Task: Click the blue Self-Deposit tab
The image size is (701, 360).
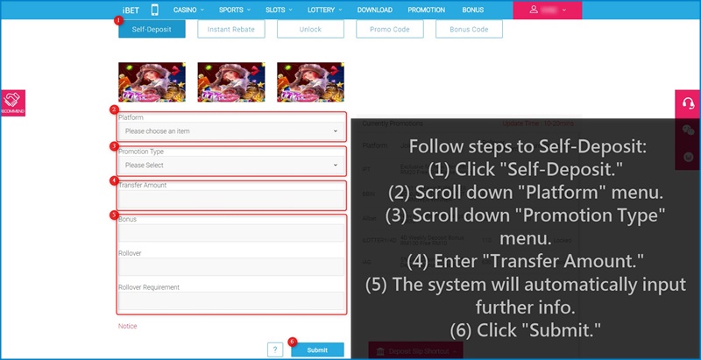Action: tap(152, 29)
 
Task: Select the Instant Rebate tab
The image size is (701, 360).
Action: tap(230, 29)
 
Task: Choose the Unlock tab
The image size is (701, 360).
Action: tap(309, 29)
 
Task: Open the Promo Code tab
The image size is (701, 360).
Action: tap(389, 29)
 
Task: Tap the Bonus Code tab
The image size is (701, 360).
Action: tap(469, 29)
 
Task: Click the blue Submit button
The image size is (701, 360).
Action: tap(317, 350)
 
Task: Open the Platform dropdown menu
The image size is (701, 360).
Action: tap(231, 131)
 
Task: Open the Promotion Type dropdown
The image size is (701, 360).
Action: tap(231, 165)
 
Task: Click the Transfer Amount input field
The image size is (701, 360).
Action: tap(231, 199)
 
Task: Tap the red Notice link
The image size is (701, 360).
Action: tap(128, 326)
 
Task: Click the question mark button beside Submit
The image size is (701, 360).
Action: tap(275, 350)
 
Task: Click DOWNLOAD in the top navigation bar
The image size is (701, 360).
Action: tap(375, 10)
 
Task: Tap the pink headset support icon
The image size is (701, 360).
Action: tap(688, 102)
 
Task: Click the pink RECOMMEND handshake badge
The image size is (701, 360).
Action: tap(12, 103)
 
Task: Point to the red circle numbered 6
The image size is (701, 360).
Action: tap(292, 341)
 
